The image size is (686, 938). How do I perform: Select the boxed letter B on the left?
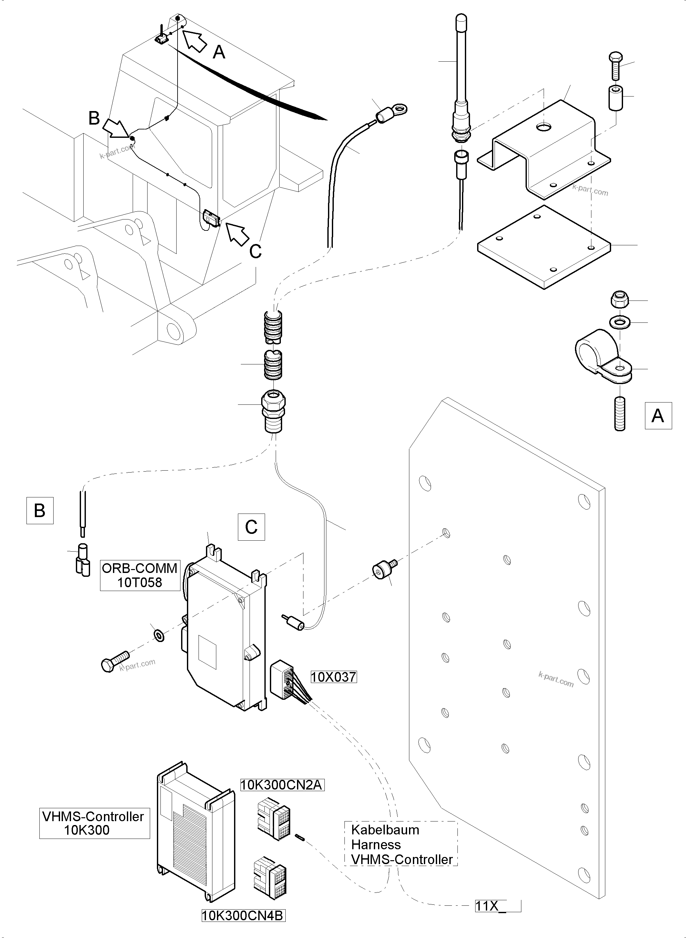40,510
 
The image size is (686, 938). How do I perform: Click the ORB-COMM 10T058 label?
140,575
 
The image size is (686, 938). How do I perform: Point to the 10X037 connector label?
333,677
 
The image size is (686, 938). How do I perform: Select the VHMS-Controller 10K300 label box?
94,823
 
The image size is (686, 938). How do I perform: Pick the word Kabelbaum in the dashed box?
385,830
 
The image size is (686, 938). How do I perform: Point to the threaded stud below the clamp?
619,413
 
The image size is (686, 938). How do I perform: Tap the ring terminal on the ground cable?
393,110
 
